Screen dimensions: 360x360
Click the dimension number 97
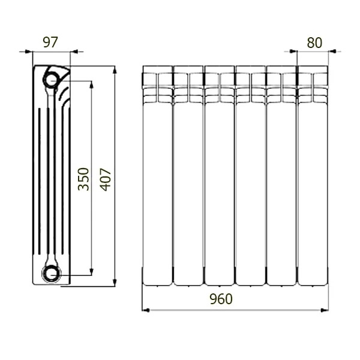pyautogui.click(x=50, y=42)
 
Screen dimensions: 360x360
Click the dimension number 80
pyautogui.click(x=314, y=43)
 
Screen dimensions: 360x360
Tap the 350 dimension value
pyautogui.click(x=83, y=179)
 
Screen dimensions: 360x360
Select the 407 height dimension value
pyautogui.click(x=106, y=179)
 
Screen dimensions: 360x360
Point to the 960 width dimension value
pyautogui.click(x=221, y=299)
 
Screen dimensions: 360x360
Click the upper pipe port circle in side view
pyautogui.click(x=51, y=79)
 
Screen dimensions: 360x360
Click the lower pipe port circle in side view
pyautogui.click(x=51, y=274)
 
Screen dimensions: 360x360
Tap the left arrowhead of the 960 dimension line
pyautogui.click(x=146, y=310)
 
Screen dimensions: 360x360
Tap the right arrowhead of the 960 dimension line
pyautogui.click(x=325, y=310)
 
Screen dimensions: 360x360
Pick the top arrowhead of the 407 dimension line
pyautogui.click(x=115, y=70)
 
